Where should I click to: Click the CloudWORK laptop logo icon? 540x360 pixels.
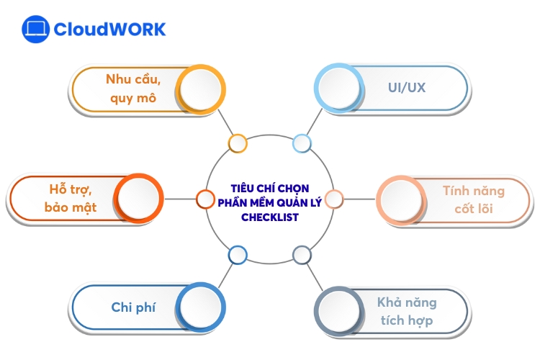pos(35,29)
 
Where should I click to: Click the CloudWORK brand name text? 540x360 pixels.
pos(110,29)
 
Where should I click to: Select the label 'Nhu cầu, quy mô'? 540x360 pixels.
pos(133,89)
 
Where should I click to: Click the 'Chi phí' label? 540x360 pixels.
pos(133,307)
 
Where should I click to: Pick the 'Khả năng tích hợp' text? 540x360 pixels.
pos(407,311)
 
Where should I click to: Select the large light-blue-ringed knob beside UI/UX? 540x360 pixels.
pos(338,89)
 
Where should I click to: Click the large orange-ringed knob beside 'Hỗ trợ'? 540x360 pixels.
pos(140,199)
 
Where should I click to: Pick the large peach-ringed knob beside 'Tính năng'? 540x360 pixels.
pos(400,201)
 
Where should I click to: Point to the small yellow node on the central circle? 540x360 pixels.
pos(238,143)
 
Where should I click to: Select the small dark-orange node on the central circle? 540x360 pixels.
pos(205,199)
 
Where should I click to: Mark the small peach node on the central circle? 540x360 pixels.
pos(333,199)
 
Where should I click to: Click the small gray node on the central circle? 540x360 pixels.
pos(302,254)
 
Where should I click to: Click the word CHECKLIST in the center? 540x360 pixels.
pos(269,216)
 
